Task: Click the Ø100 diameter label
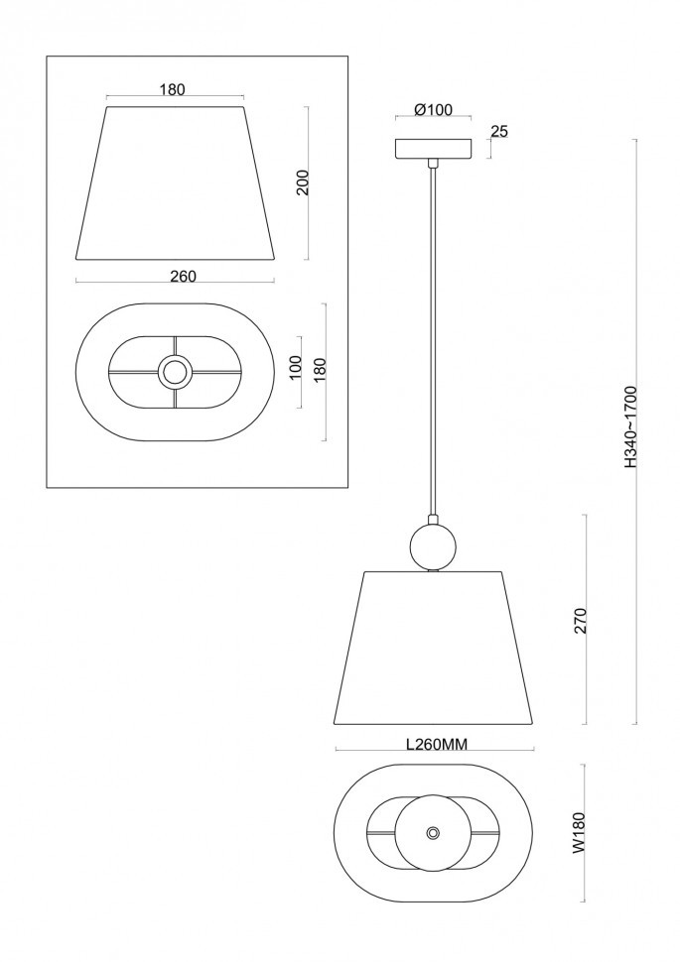(433, 110)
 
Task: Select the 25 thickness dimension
(500, 132)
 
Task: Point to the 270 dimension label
(582, 621)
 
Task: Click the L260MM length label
(438, 744)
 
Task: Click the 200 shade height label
(303, 182)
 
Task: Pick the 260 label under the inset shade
(183, 277)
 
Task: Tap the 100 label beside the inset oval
(296, 368)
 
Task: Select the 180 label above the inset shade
(172, 89)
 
